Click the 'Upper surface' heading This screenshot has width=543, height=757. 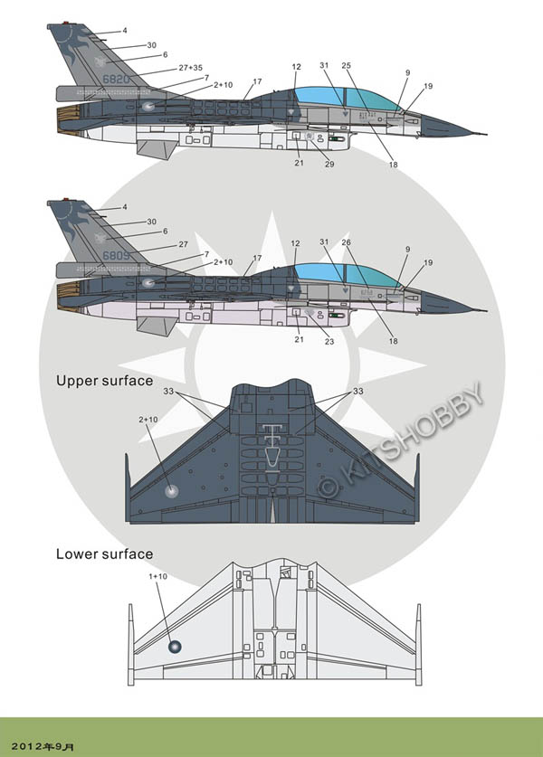pyautogui.click(x=104, y=381)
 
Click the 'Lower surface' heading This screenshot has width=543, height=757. pyautogui.click(x=104, y=554)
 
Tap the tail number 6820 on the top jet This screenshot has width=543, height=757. pyautogui.click(x=115, y=79)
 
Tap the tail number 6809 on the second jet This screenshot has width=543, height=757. pyautogui.click(x=115, y=254)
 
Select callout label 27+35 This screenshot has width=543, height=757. pyautogui.click(x=190, y=68)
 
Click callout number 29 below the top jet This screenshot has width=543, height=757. pyautogui.click(x=329, y=164)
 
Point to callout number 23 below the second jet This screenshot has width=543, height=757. pyautogui.click(x=329, y=341)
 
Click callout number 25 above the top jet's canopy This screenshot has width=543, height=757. pyautogui.click(x=346, y=66)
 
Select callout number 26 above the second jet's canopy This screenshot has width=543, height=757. pyautogui.click(x=346, y=243)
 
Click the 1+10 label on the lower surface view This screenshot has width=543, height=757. pyautogui.click(x=157, y=576)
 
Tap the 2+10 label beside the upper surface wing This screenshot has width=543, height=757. pyautogui.click(x=148, y=421)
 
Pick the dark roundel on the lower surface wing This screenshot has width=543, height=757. pyautogui.click(x=176, y=647)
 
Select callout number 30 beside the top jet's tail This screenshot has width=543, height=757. pyautogui.click(x=151, y=44)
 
